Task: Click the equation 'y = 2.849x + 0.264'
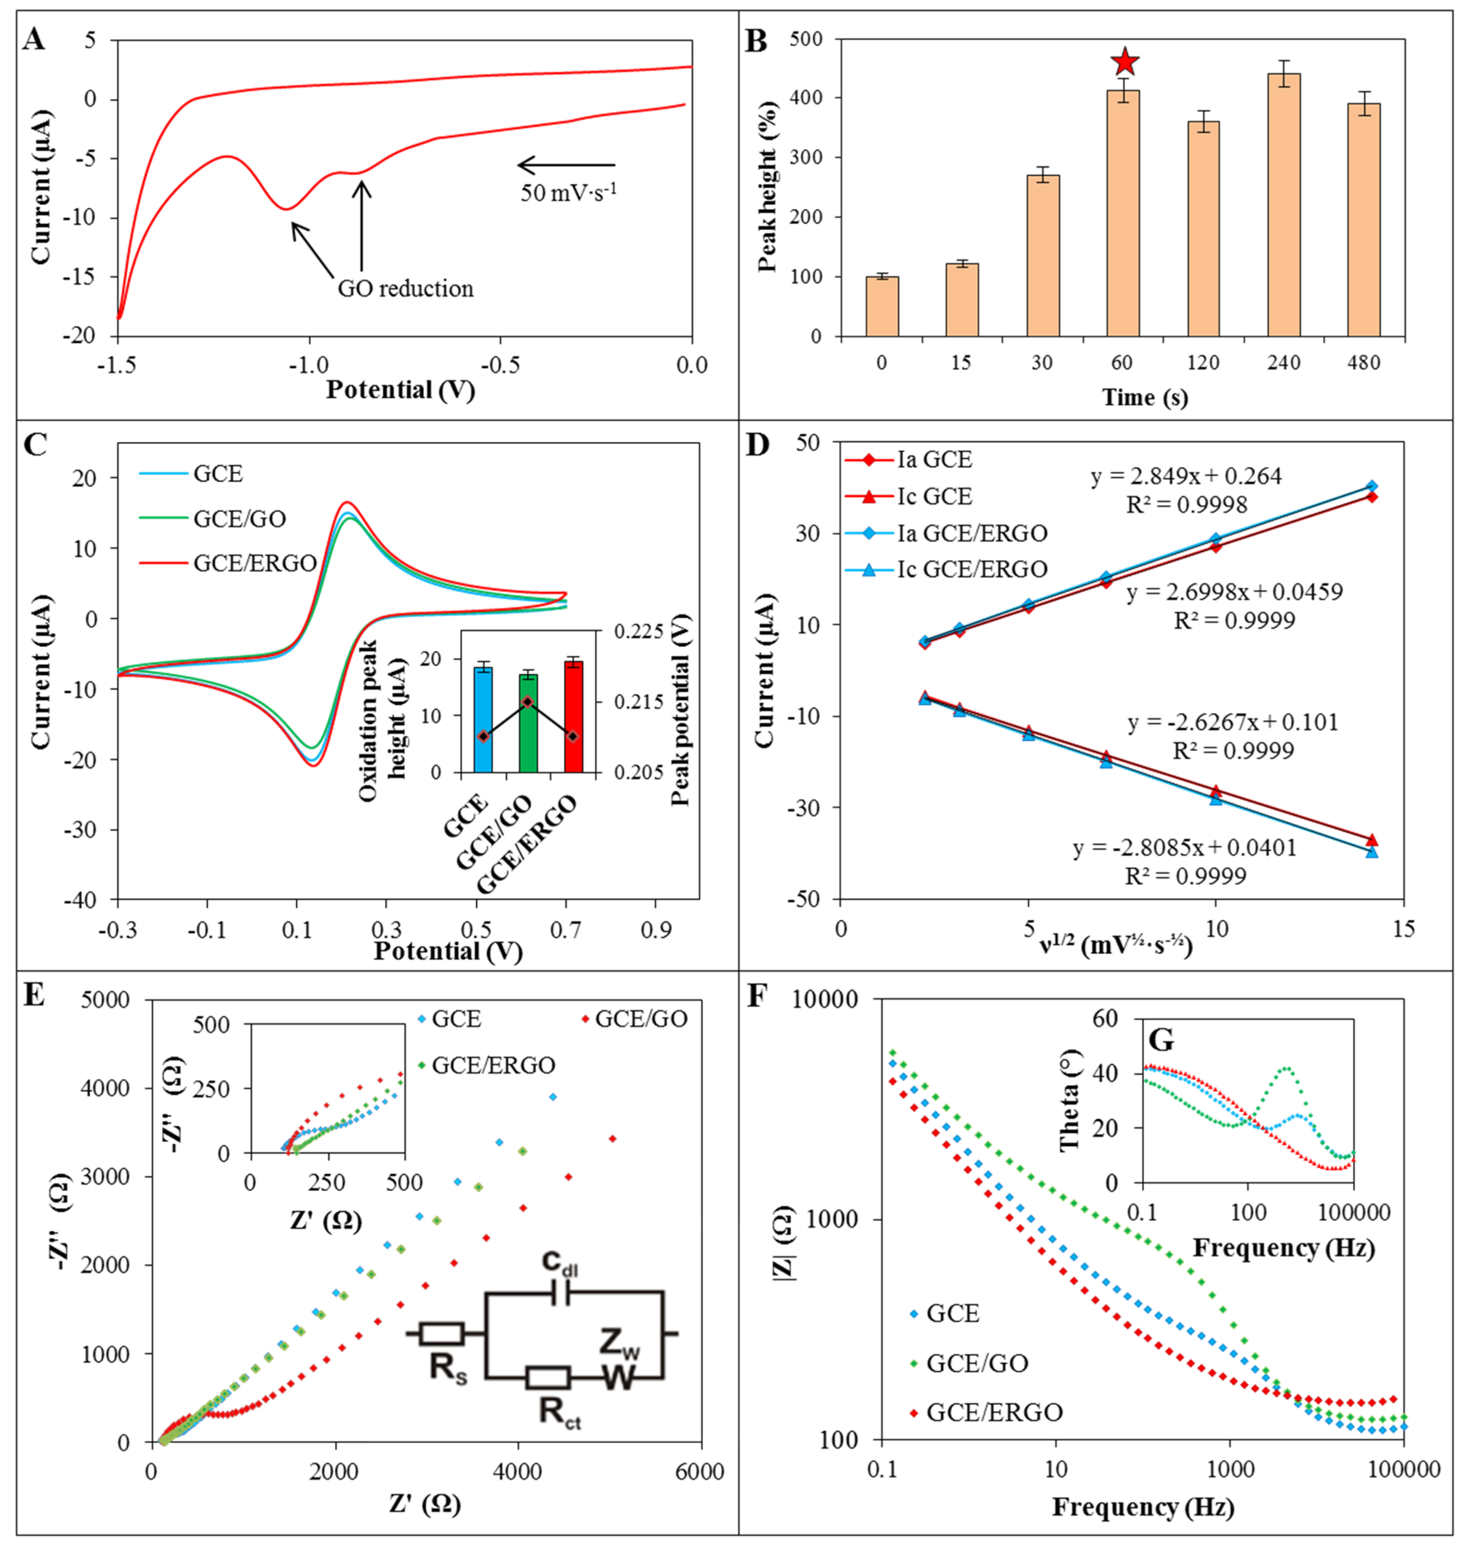pos(1185,476)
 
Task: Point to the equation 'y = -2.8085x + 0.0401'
pos(1184,848)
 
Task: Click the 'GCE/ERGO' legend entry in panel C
pos(254,563)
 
